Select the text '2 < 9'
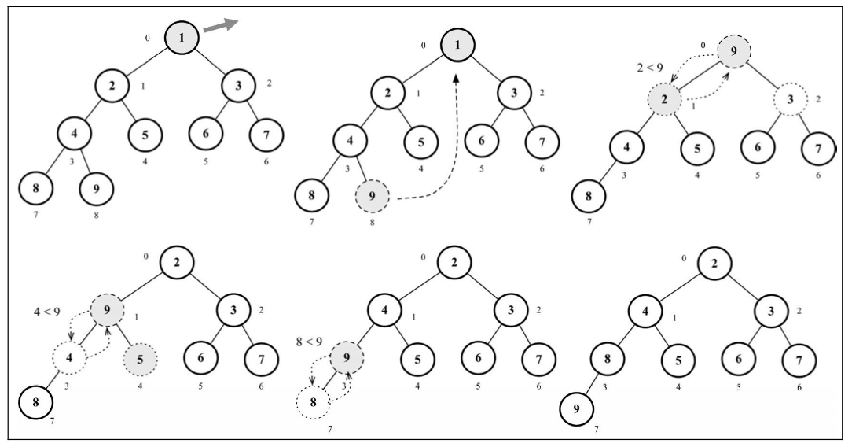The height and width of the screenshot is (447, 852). point(650,68)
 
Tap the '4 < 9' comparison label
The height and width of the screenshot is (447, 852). point(46,312)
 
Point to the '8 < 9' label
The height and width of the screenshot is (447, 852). point(309,342)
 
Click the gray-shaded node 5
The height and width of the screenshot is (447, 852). point(140,360)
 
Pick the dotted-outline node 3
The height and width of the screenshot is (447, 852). point(790,99)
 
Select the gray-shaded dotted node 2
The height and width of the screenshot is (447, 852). point(664,100)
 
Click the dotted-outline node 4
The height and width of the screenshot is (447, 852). point(69,358)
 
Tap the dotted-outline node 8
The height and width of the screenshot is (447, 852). point(313,403)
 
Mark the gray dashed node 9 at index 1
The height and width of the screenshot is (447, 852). point(108,311)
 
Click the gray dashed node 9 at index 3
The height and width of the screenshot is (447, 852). point(347,358)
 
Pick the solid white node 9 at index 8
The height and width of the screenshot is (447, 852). point(97,189)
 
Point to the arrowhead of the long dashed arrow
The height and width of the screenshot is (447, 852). point(455,79)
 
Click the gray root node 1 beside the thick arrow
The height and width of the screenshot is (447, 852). point(182,37)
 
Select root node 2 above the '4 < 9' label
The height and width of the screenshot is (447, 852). point(177,262)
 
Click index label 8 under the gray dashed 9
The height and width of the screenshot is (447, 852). point(373,222)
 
